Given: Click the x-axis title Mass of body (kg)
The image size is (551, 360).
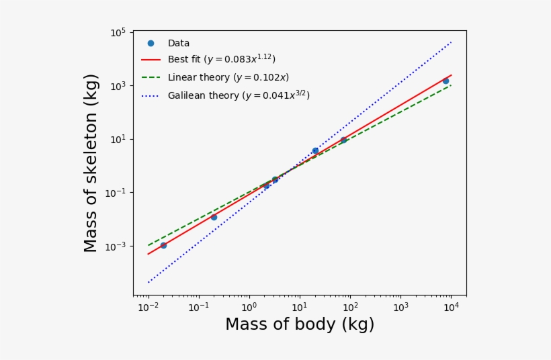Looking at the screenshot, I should point(299,325).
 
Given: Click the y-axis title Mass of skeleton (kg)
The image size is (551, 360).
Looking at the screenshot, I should point(91,163).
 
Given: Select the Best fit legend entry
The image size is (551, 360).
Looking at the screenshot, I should point(221,60).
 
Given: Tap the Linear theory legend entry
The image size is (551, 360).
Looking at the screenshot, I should point(228,77).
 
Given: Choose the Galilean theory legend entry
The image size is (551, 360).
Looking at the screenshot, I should point(238,95).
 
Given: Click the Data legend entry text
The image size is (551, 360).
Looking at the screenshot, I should point(179,43).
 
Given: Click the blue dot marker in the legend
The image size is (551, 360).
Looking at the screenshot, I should point(151,43).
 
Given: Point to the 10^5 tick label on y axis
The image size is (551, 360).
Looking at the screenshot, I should point(118,33).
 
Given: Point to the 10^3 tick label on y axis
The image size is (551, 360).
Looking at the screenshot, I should point(118,86).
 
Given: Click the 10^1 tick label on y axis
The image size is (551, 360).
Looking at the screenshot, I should point(118,140).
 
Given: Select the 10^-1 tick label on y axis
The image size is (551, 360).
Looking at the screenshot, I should point(116,193).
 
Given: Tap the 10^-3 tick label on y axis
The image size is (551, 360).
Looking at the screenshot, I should point(116,246).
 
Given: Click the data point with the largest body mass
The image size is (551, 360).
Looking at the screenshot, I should point(446,81).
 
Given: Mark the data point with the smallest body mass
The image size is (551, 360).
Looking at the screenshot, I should point(163,245).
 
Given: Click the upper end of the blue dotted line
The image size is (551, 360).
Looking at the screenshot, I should point(451,42).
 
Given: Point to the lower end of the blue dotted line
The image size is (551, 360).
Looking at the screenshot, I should point(149,282).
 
